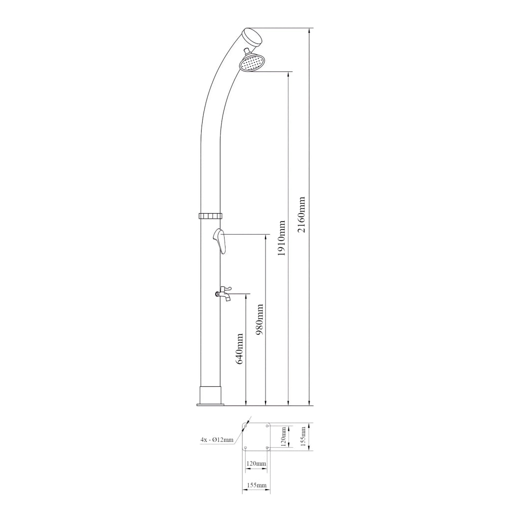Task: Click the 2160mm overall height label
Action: tap(301, 215)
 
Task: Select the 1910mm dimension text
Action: tap(281, 238)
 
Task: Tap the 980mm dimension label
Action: tap(259, 320)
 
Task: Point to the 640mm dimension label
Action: tap(240, 349)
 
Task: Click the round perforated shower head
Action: tap(253, 62)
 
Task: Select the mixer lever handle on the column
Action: tap(220, 241)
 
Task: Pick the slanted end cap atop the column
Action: tap(253, 36)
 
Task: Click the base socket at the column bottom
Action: tap(211, 395)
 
